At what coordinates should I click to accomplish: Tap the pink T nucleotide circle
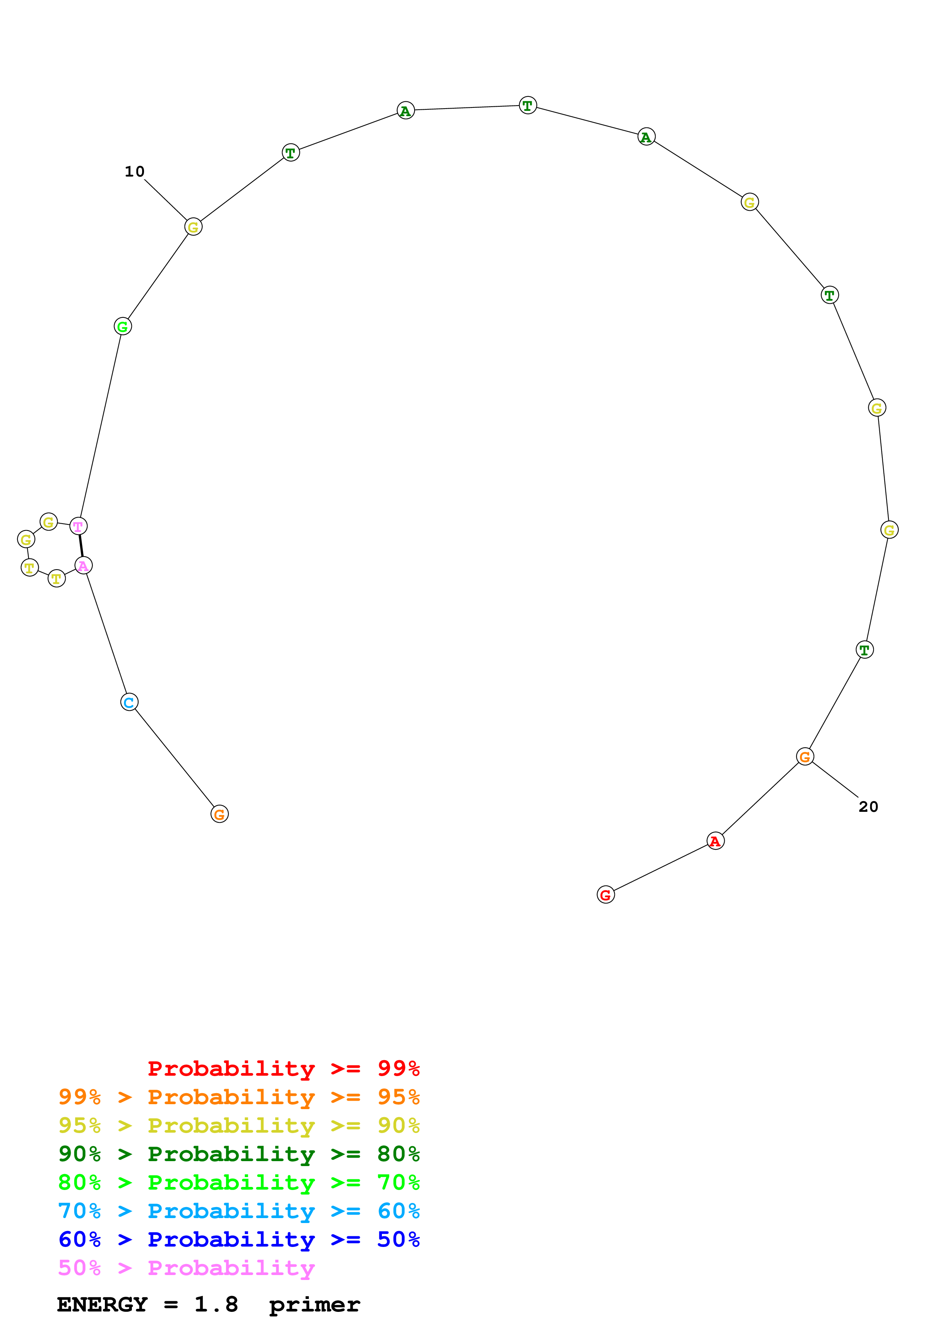78,526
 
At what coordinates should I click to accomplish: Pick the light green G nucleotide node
122,326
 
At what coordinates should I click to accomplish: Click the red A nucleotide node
715,841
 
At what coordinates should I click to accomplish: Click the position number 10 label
134,172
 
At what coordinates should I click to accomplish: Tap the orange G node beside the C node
219,814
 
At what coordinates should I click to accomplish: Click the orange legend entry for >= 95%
239,1097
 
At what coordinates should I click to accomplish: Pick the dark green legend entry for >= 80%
239,1154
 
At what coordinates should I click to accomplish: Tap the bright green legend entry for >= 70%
239,1182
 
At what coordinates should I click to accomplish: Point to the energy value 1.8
216,1305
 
